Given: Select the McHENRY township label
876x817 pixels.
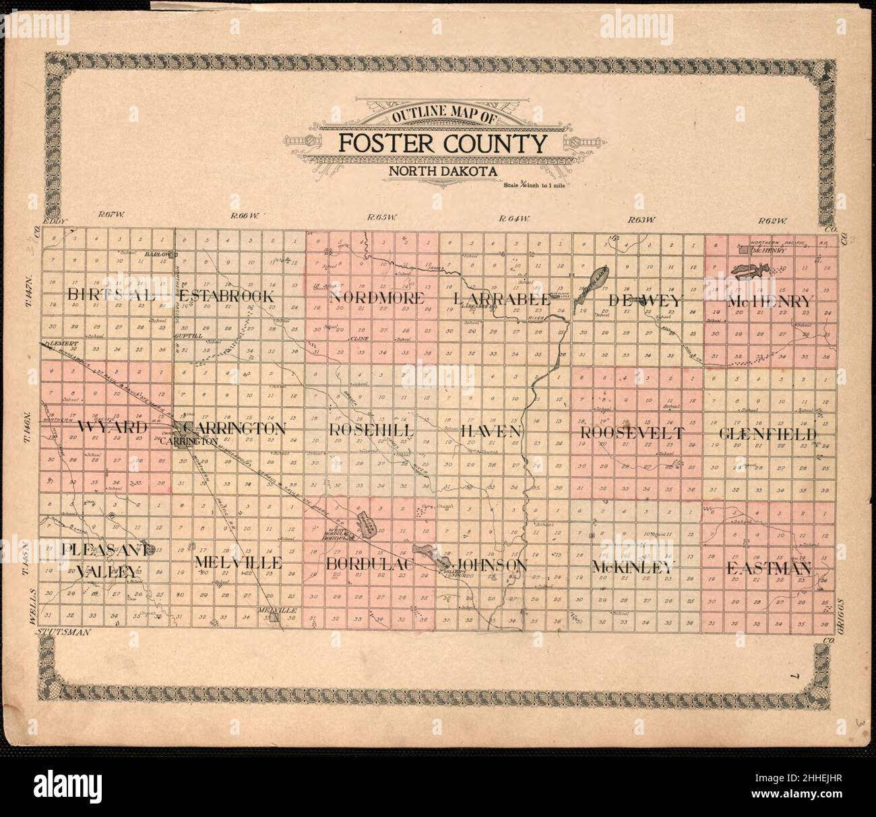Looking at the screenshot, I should [x=771, y=302].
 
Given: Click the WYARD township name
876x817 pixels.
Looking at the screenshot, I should [x=113, y=428].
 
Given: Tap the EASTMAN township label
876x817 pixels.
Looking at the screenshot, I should [x=768, y=568].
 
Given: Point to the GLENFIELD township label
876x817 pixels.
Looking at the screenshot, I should [x=768, y=434].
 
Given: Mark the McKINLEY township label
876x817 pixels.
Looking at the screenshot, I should [x=632, y=567].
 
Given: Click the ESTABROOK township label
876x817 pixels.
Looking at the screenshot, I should [x=226, y=296].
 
